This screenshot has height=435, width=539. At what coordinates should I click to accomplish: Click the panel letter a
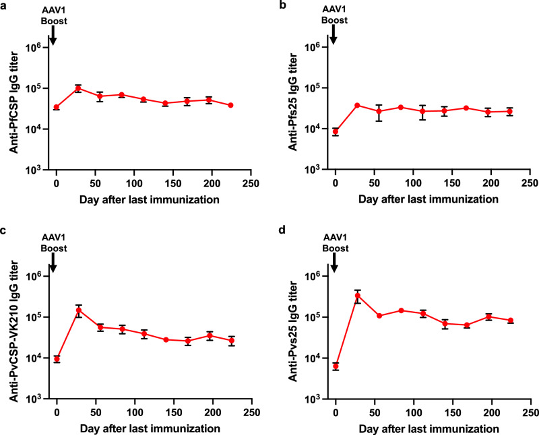pos(4,5)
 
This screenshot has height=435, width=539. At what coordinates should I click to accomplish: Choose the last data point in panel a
pos(230,105)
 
